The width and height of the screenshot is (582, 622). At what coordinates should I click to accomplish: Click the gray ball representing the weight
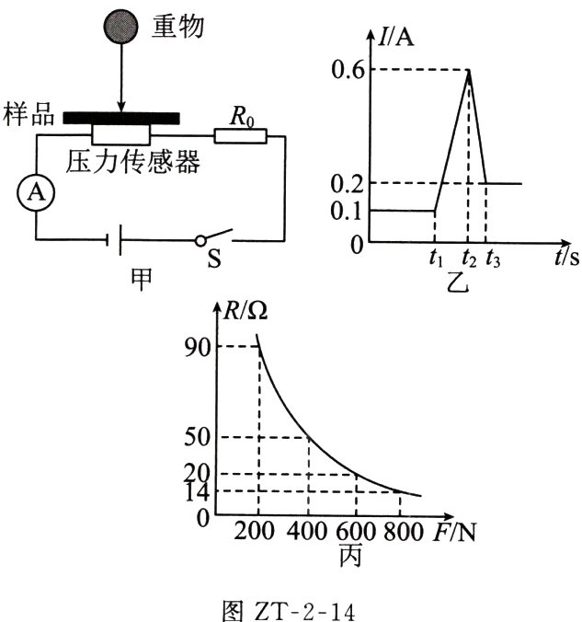(x=121, y=26)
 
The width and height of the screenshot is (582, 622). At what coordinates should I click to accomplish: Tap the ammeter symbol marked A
(x=36, y=193)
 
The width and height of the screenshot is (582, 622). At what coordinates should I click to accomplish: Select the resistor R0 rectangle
(x=240, y=135)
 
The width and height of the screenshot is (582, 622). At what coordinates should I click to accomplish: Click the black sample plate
(x=121, y=118)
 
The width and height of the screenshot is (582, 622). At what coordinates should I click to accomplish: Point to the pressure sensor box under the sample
(x=121, y=135)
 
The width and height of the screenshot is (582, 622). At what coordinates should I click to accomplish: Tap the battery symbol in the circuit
(x=114, y=239)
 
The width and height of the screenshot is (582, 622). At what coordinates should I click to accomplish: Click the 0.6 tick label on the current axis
(x=348, y=70)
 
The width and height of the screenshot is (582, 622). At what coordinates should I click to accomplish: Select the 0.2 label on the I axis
(x=347, y=184)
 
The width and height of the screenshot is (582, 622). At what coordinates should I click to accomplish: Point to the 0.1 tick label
(x=346, y=211)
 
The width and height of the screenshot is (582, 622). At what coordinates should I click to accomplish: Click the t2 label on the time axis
(x=469, y=259)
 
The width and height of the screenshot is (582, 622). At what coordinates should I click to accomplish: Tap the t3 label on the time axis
(x=493, y=259)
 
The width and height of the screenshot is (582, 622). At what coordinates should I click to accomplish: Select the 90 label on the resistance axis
(x=197, y=348)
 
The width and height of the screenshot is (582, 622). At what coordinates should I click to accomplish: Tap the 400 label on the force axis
(x=307, y=531)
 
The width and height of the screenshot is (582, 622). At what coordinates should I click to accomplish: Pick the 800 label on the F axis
(x=404, y=531)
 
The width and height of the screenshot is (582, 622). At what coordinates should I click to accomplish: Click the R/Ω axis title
(x=245, y=311)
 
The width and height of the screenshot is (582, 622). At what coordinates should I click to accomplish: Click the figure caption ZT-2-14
(x=288, y=611)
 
